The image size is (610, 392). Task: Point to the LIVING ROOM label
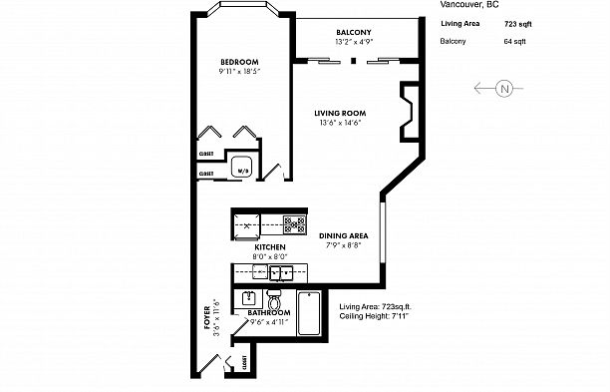(x=338, y=113)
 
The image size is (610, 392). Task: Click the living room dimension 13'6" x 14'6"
(x=338, y=124)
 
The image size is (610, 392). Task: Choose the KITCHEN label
(x=270, y=246)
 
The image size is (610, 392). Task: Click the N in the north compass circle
(x=503, y=89)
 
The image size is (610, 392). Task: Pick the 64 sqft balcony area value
(x=516, y=42)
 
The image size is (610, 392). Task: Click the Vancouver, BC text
(x=468, y=4)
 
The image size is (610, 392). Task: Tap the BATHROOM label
(x=268, y=313)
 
